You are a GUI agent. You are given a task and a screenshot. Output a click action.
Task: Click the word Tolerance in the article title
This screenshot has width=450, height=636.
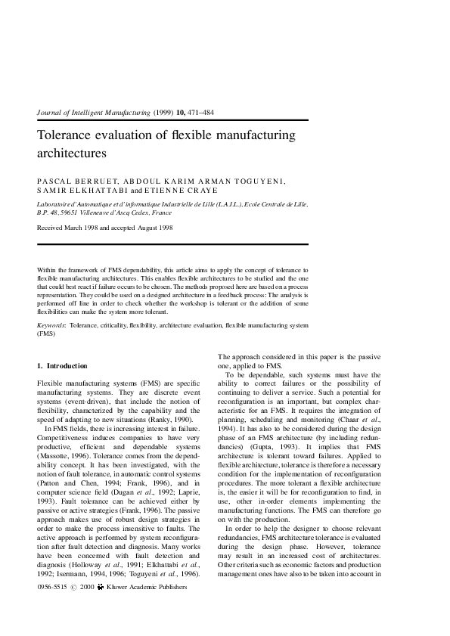coord(66,136)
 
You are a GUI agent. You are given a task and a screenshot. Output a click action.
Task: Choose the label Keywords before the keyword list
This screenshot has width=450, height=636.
coord(51,325)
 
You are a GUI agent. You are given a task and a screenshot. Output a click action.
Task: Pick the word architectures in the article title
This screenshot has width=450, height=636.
coord(72,153)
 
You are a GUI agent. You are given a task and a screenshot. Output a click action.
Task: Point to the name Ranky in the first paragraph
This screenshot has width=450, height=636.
coord(158,418)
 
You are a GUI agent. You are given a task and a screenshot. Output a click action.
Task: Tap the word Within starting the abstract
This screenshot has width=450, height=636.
coord(47,270)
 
